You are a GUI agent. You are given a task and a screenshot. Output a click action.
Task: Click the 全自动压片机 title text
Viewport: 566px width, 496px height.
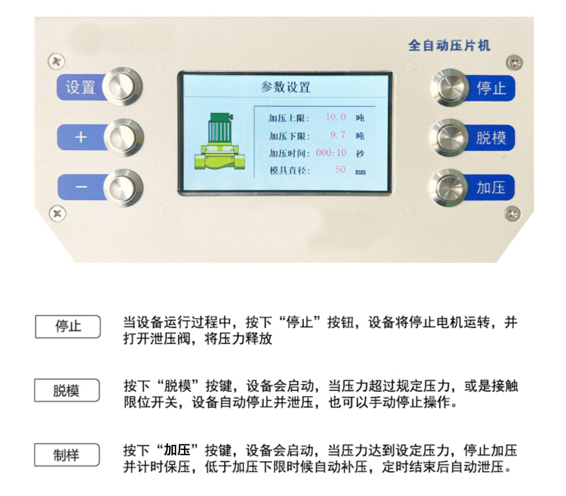coord(448,45)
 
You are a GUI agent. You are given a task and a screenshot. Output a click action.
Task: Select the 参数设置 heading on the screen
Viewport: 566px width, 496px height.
coord(285,87)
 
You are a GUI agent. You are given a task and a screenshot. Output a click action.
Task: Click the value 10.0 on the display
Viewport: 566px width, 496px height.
coord(336,118)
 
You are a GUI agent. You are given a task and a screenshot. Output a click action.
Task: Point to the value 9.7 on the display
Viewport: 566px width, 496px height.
coord(338,135)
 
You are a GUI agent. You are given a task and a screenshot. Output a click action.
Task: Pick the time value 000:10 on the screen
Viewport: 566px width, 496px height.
coord(331,153)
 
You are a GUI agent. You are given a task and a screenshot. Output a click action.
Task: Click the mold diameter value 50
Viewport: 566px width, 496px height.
coord(340,170)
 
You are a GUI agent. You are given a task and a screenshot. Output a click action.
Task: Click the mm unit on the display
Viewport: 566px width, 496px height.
coord(360,171)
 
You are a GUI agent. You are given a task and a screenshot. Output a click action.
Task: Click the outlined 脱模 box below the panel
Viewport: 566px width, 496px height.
coord(66,391)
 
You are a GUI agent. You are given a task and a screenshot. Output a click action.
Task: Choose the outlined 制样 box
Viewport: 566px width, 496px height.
coord(66,455)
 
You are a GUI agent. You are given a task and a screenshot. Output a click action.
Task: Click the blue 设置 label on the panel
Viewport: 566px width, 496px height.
coord(80,87)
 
